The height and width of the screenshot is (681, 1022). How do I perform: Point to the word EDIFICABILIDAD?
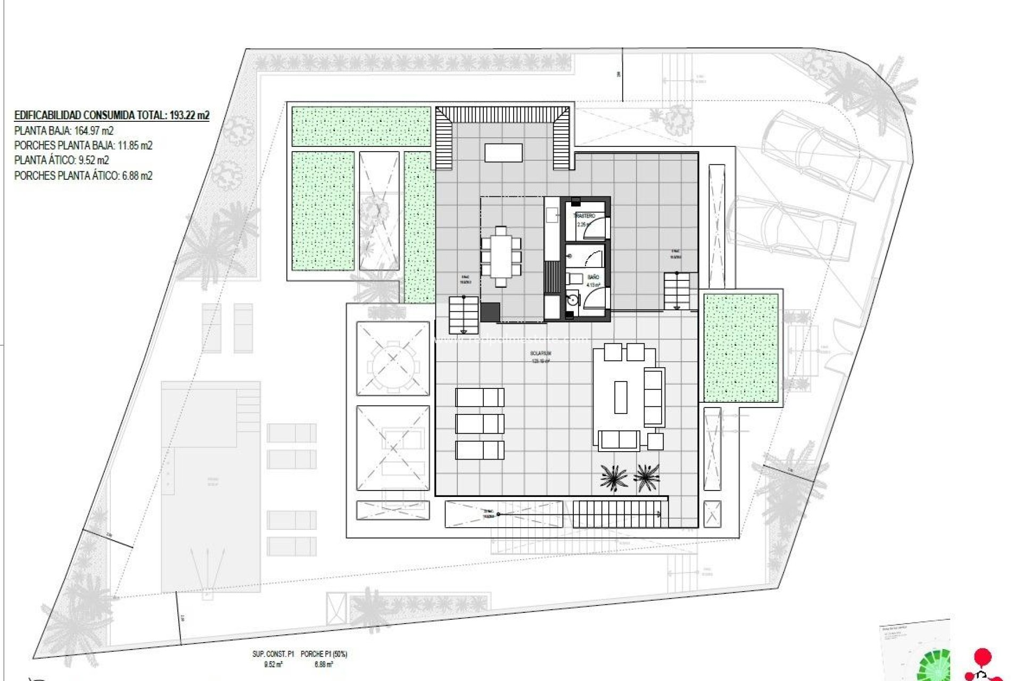pos(48,115)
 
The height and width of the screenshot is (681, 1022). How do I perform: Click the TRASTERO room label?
pos(584,216)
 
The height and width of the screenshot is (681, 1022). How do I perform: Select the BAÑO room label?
pos(593,277)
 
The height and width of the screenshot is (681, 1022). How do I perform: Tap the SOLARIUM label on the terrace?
pos(540,353)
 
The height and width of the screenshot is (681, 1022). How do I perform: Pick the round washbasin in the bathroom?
pos(572,300)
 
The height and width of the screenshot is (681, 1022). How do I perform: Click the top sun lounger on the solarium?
pos(480,397)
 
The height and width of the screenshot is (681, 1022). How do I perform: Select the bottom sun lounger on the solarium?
pos(480,450)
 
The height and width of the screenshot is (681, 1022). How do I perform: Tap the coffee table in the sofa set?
pos(621,397)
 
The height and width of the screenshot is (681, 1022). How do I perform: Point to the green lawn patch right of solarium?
pos(740,347)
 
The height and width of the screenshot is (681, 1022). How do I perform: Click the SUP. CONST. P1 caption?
pos(273,654)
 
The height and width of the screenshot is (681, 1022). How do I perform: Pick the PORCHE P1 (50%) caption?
pos(324,654)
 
